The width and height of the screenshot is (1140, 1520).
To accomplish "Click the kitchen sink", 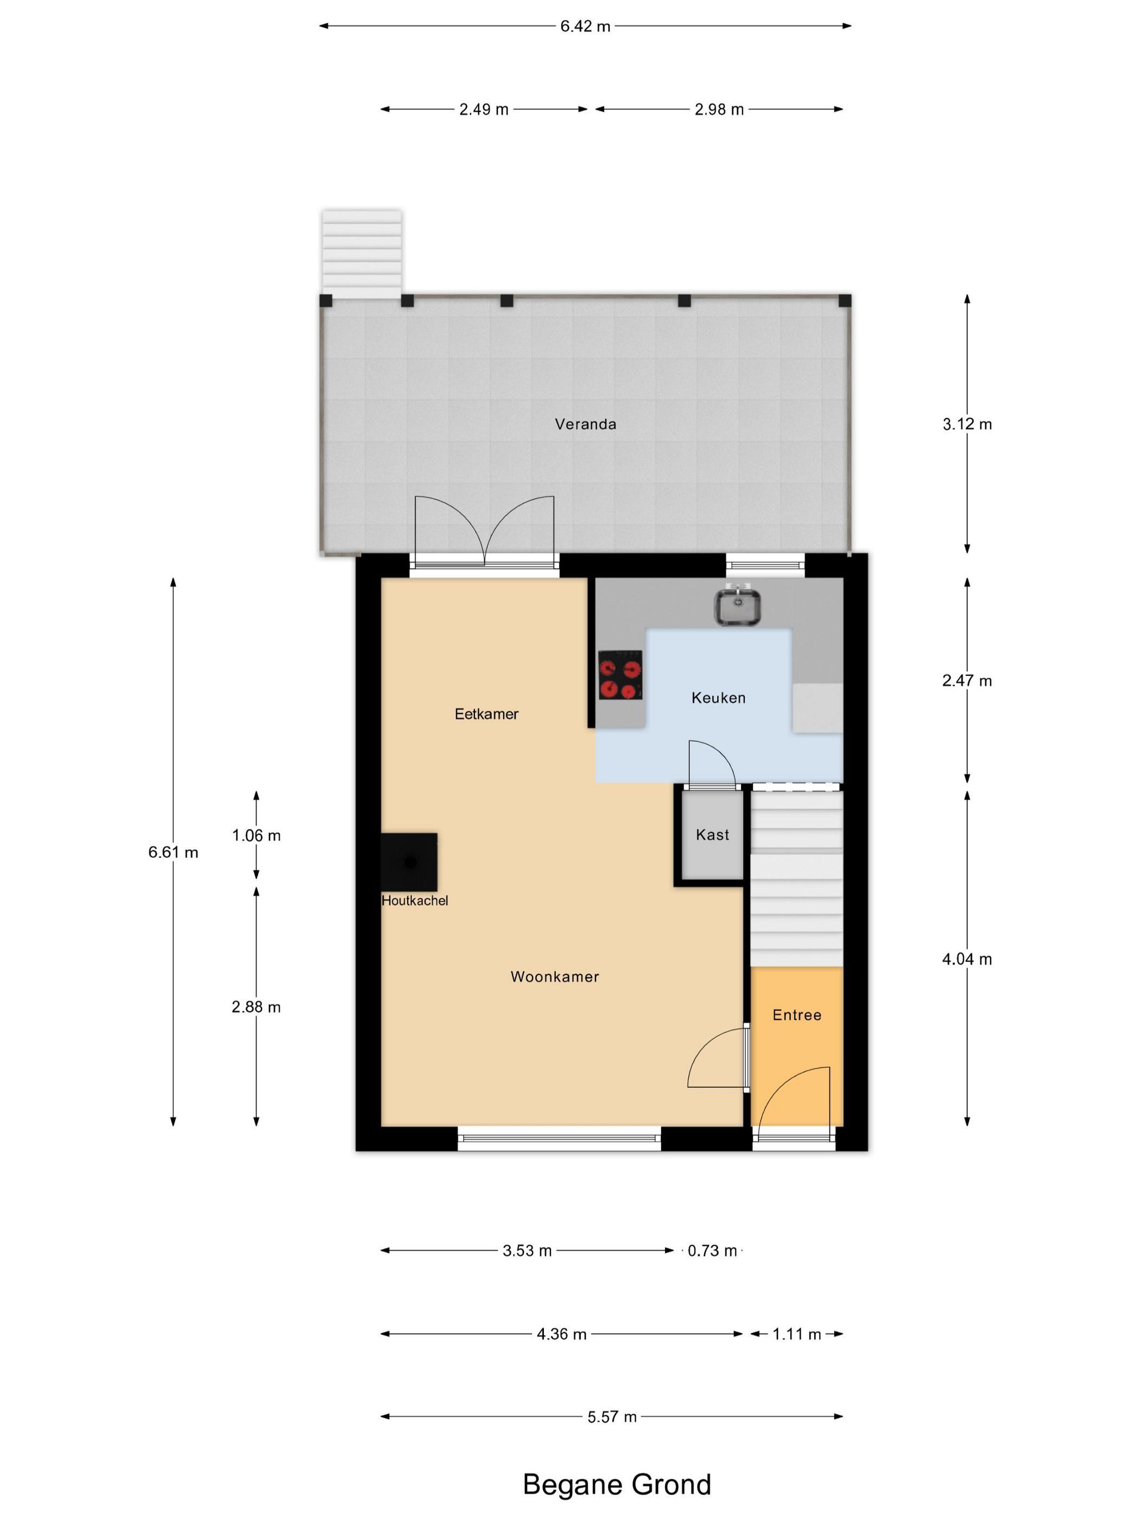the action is pyautogui.click(x=736, y=605).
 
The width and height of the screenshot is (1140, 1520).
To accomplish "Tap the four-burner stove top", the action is pyautogui.click(x=620, y=675).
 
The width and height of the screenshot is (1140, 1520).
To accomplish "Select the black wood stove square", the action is pyautogui.click(x=409, y=862).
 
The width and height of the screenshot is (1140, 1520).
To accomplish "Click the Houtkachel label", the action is pyautogui.click(x=414, y=900).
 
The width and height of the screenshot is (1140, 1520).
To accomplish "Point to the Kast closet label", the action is pyautogui.click(x=712, y=835).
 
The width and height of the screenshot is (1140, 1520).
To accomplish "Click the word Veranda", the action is pyautogui.click(x=585, y=424).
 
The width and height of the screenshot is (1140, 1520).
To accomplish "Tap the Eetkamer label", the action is pyautogui.click(x=486, y=714).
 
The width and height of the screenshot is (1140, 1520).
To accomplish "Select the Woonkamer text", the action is pyautogui.click(x=555, y=977).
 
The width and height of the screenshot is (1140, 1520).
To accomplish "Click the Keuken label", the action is pyautogui.click(x=718, y=698).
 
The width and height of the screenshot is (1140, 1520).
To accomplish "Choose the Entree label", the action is pyautogui.click(x=796, y=1015).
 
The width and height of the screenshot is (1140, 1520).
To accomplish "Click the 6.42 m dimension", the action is pyautogui.click(x=585, y=26).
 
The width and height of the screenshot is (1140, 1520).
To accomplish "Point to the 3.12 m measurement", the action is pyautogui.click(x=967, y=424).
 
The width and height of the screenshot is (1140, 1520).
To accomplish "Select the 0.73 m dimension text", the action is pyautogui.click(x=712, y=1251).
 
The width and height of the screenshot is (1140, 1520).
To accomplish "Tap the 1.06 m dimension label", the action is pyautogui.click(x=256, y=835).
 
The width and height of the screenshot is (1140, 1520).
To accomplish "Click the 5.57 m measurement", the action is pyautogui.click(x=612, y=1417).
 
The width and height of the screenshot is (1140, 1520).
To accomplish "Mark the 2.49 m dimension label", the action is pyautogui.click(x=484, y=109).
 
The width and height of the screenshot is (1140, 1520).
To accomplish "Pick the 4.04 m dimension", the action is pyautogui.click(x=967, y=959).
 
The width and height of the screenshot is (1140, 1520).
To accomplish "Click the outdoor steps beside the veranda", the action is pyautogui.click(x=362, y=254).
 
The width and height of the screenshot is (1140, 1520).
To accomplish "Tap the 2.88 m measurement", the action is pyautogui.click(x=256, y=1006).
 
